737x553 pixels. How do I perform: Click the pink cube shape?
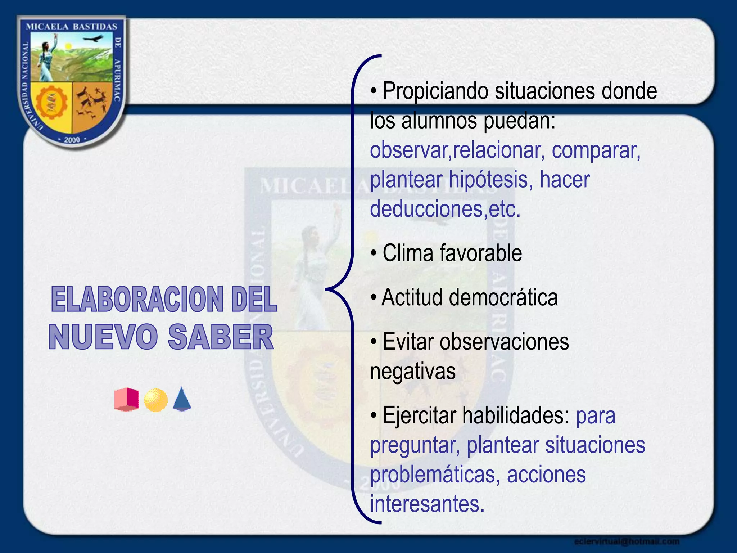point(127,399)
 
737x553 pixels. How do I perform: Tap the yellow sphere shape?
point(155,400)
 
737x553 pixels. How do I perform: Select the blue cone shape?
point(182,399)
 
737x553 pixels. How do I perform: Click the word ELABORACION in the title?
point(137,300)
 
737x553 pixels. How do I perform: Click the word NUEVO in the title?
point(103,337)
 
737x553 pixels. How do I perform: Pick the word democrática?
point(503,297)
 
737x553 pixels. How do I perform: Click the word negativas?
point(413,371)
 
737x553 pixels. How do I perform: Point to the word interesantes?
point(427,504)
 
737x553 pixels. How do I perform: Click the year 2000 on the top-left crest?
point(72,140)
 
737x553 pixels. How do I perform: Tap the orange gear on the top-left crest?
point(52,103)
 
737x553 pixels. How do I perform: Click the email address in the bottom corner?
point(627,541)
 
